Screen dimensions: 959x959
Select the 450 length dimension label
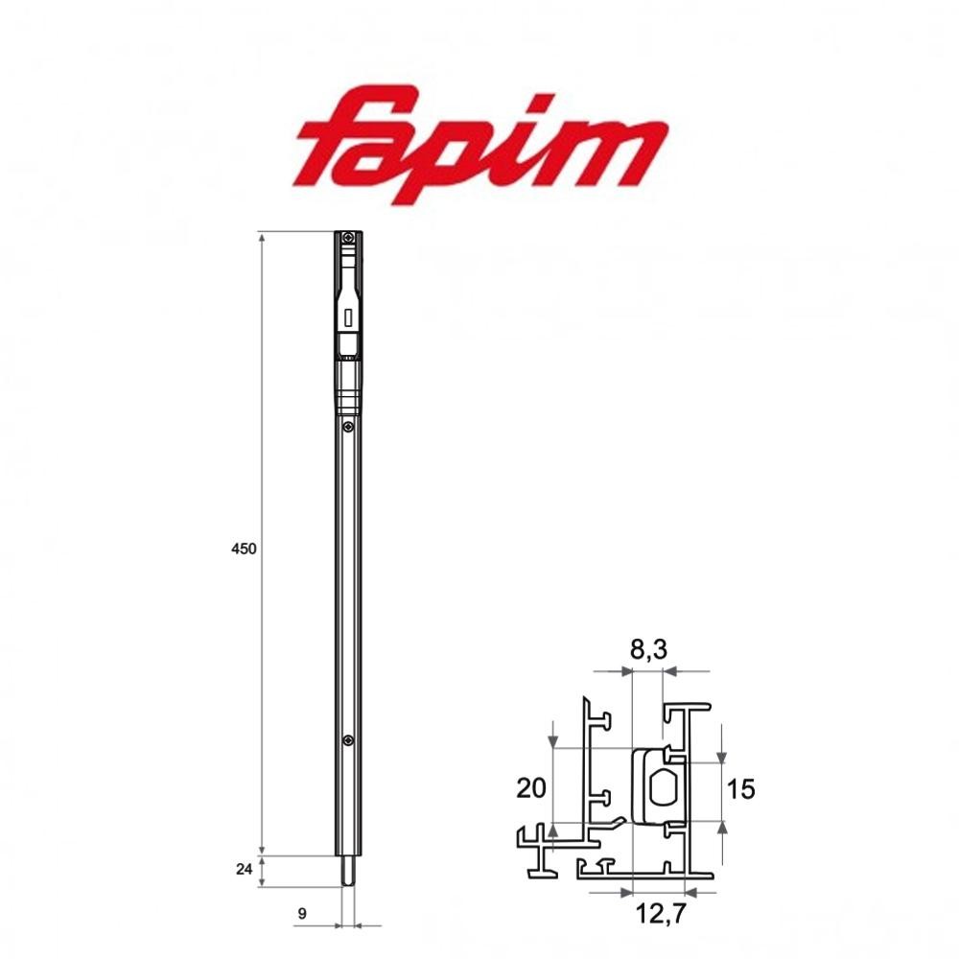[x=244, y=550]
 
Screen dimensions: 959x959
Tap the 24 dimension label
[x=245, y=869]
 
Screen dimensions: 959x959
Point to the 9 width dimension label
[x=302, y=914]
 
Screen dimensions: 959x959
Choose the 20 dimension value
[x=530, y=788]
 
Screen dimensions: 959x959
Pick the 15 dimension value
[x=740, y=788]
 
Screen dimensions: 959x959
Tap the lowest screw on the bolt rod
[x=348, y=738]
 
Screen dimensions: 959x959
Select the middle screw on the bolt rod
[x=348, y=427]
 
